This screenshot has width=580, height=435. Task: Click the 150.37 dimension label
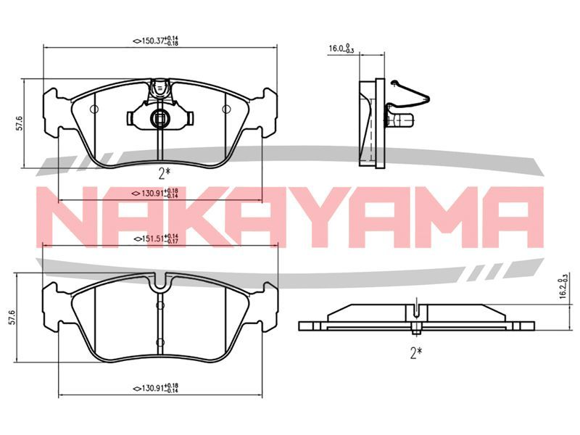tap(156, 41)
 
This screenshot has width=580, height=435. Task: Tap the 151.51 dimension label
tap(156, 239)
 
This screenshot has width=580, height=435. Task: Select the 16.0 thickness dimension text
tap(341, 49)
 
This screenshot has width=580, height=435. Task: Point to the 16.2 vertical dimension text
tap(564, 286)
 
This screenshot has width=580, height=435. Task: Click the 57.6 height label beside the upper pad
tap(20, 123)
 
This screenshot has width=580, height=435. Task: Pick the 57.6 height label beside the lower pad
tap(12, 318)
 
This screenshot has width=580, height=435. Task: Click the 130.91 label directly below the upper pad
tap(156, 193)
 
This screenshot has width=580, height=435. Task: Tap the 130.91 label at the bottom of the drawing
tap(156, 388)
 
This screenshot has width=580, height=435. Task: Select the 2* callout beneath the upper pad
tap(165, 173)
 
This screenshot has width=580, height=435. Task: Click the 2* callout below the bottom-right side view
tap(416, 353)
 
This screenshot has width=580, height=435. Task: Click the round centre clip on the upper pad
tap(159, 118)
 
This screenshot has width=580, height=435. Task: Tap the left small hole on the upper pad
tap(94, 109)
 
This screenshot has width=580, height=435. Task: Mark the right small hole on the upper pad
tap(226, 109)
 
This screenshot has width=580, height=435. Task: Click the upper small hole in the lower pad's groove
tap(160, 305)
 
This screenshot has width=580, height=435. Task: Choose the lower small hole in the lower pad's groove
tap(160, 342)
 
